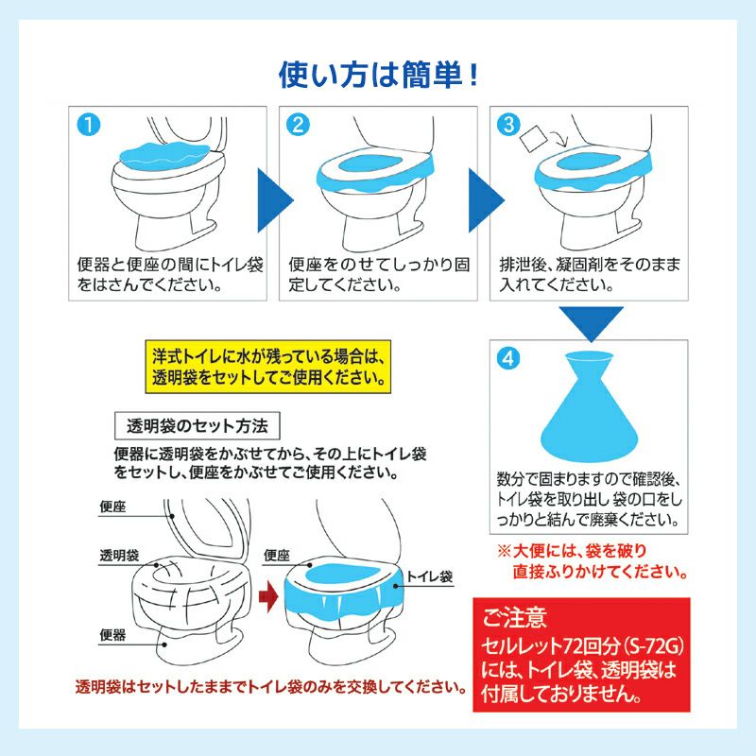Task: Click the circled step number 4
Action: pos(509,360)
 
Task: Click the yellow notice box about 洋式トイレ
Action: pos(268,368)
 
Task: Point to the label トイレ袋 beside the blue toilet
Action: pos(431,574)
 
